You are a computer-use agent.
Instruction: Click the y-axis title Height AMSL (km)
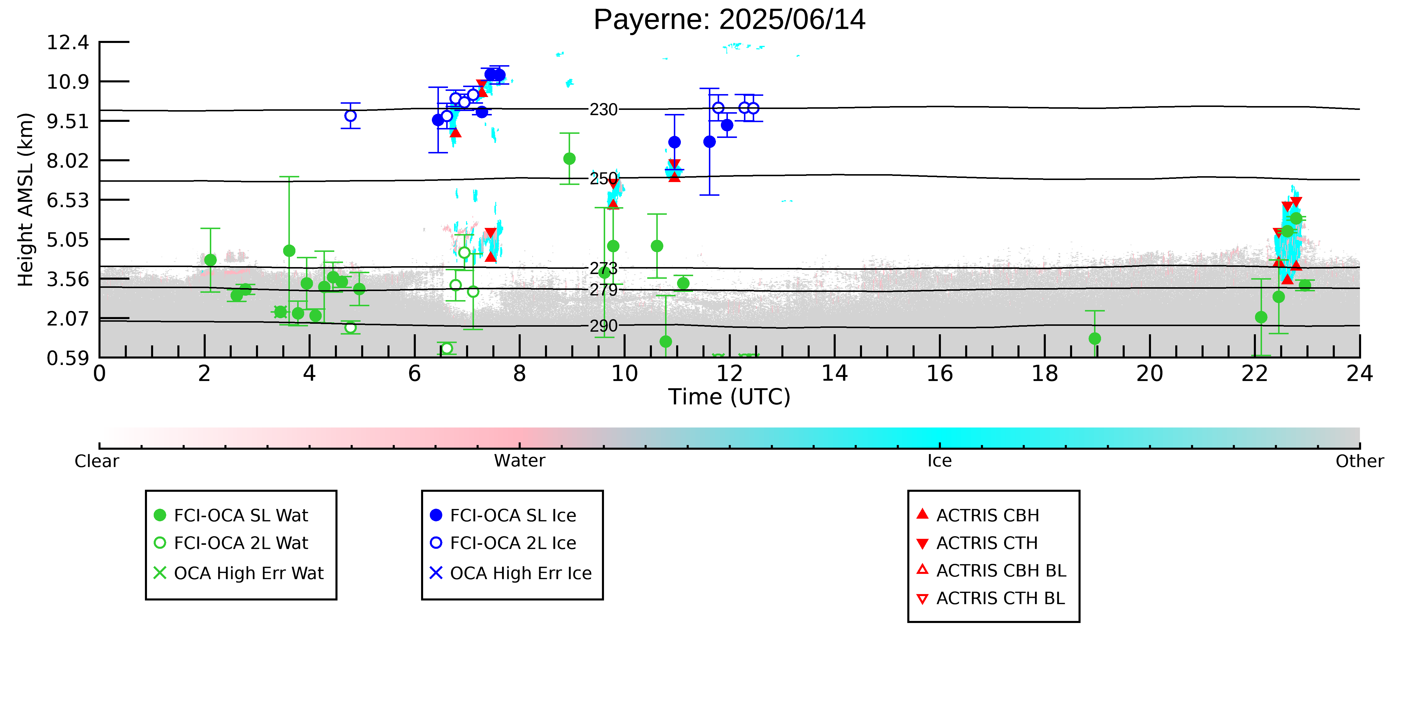(x=26, y=200)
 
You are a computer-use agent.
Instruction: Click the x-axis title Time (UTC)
(x=729, y=397)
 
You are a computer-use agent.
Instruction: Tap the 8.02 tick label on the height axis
(x=67, y=161)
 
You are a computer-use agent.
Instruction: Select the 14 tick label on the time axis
(x=834, y=374)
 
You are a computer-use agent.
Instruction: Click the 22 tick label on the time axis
(x=1254, y=374)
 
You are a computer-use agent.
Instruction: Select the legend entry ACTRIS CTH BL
(x=991, y=599)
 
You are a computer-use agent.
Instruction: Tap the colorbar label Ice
(x=939, y=461)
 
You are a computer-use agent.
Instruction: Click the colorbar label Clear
(x=97, y=461)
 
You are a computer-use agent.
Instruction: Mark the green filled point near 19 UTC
(x=1095, y=339)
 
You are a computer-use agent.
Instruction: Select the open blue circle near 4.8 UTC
(x=351, y=116)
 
